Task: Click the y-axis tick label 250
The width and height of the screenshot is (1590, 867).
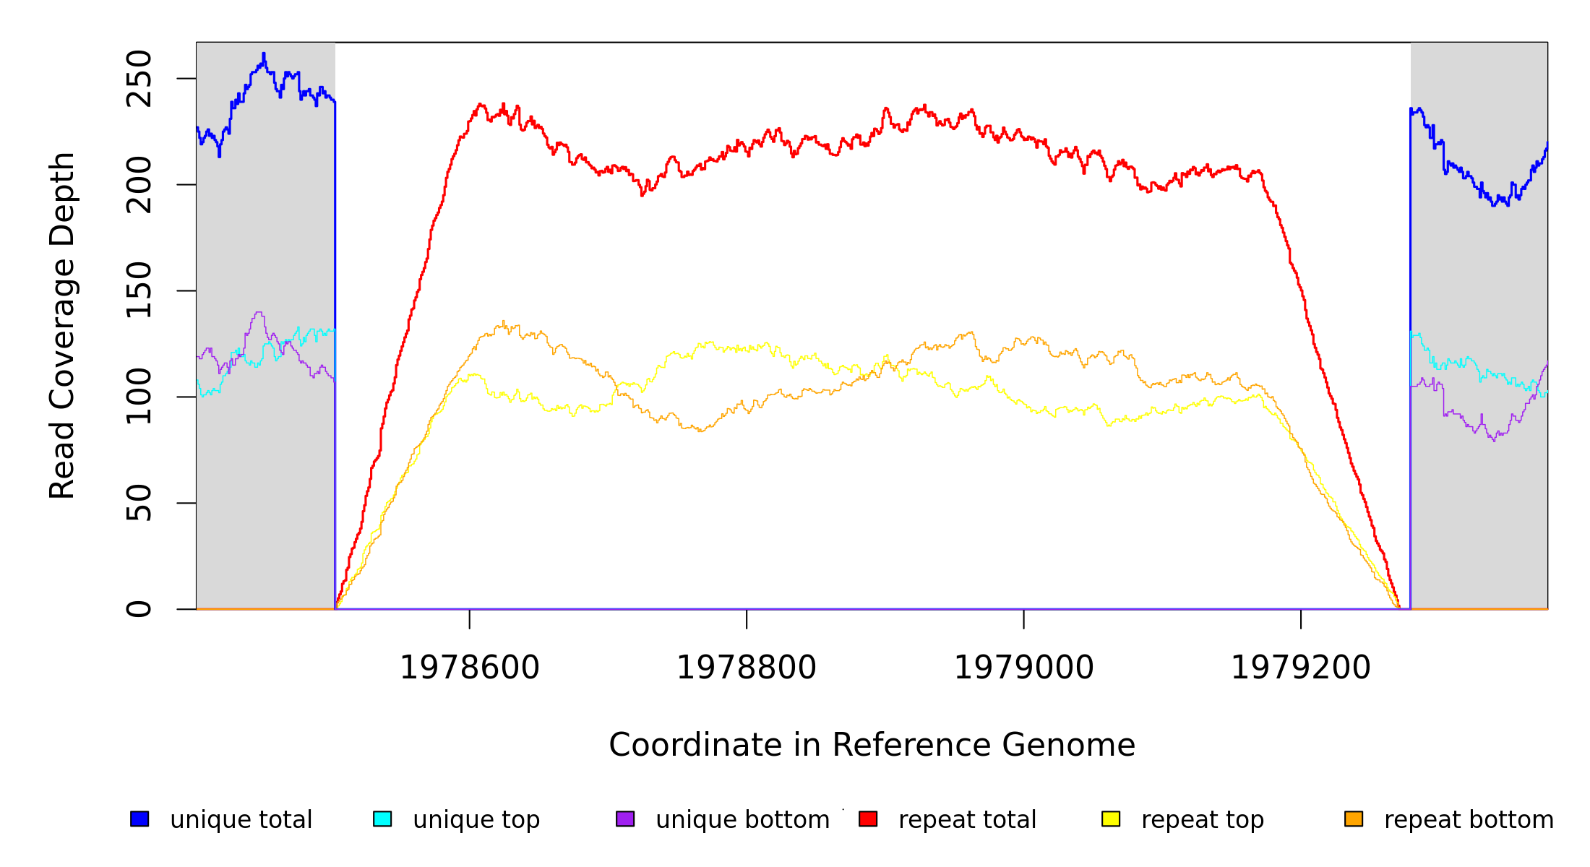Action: tap(139, 79)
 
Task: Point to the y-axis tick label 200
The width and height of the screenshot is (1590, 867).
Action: tap(139, 185)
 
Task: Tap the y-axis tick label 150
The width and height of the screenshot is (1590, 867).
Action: tap(139, 290)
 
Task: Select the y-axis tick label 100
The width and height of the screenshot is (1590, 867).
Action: tap(139, 397)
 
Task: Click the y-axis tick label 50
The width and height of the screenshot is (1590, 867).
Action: tap(139, 503)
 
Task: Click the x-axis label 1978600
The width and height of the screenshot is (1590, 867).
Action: tap(470, 668)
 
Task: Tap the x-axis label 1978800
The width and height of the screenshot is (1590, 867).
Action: tap(747, 668)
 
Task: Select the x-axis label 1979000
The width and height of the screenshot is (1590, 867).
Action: tap(1024, 668)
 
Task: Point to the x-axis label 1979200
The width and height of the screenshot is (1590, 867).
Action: tap(1301, 668)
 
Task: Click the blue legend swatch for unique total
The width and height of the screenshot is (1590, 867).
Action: tap(139, 819)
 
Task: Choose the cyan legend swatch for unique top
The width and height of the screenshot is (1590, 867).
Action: tap(382, 819)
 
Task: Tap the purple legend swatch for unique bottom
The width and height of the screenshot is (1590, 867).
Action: tap(625, 819)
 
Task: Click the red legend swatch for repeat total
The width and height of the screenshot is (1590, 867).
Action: tap(868, 819)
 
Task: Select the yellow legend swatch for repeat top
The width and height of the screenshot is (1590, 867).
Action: tap(1111, 819)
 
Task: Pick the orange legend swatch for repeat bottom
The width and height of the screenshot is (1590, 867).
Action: tap(1354, 819)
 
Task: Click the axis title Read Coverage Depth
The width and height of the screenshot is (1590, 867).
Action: tap(62, 325)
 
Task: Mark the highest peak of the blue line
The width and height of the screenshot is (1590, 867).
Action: tap(264, 53)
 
